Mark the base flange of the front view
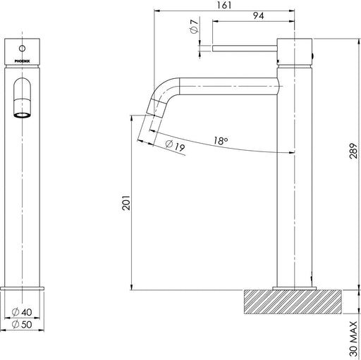(x=25, y=289)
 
